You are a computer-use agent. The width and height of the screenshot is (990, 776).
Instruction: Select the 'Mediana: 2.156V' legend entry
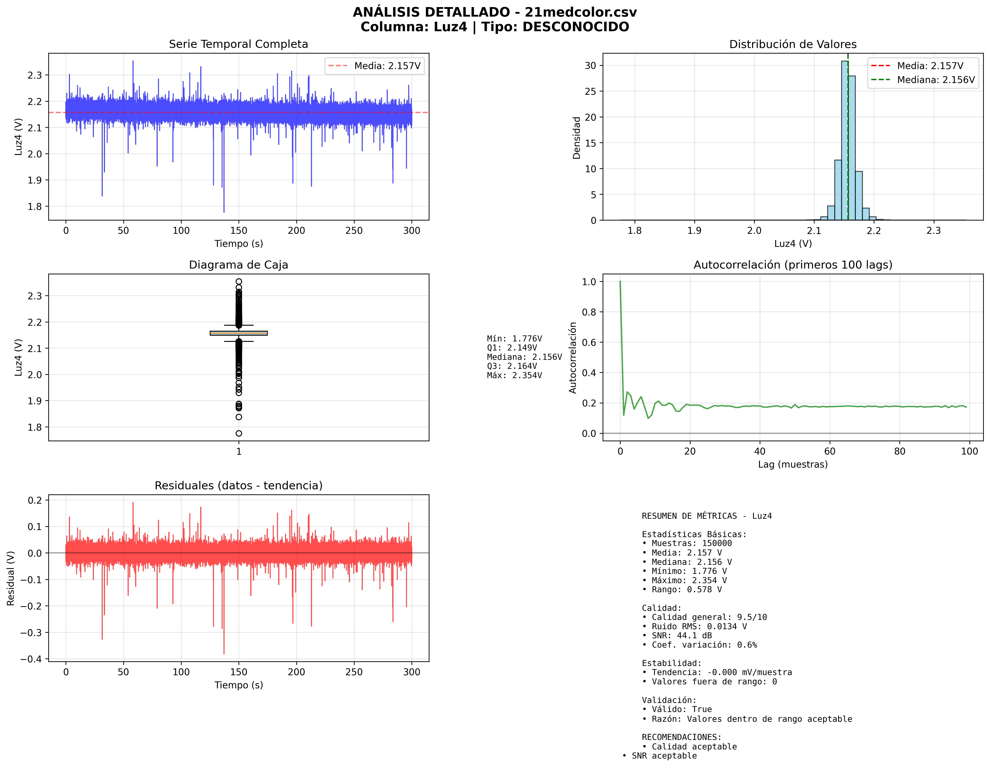coord(936,80)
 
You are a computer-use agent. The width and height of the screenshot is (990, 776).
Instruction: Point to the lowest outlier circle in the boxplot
coord(239,433)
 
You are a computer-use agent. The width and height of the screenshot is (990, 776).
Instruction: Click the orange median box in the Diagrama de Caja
coord(239,333)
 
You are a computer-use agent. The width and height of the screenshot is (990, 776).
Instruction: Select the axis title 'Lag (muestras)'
coord(793,464)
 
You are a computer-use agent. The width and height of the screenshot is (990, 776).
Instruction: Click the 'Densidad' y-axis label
coord(576,138)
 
